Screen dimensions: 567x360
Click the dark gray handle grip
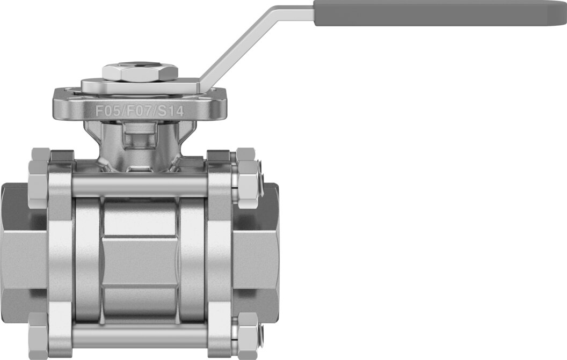440,13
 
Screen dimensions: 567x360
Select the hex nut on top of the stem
140,72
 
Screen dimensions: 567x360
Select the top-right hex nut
248,177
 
